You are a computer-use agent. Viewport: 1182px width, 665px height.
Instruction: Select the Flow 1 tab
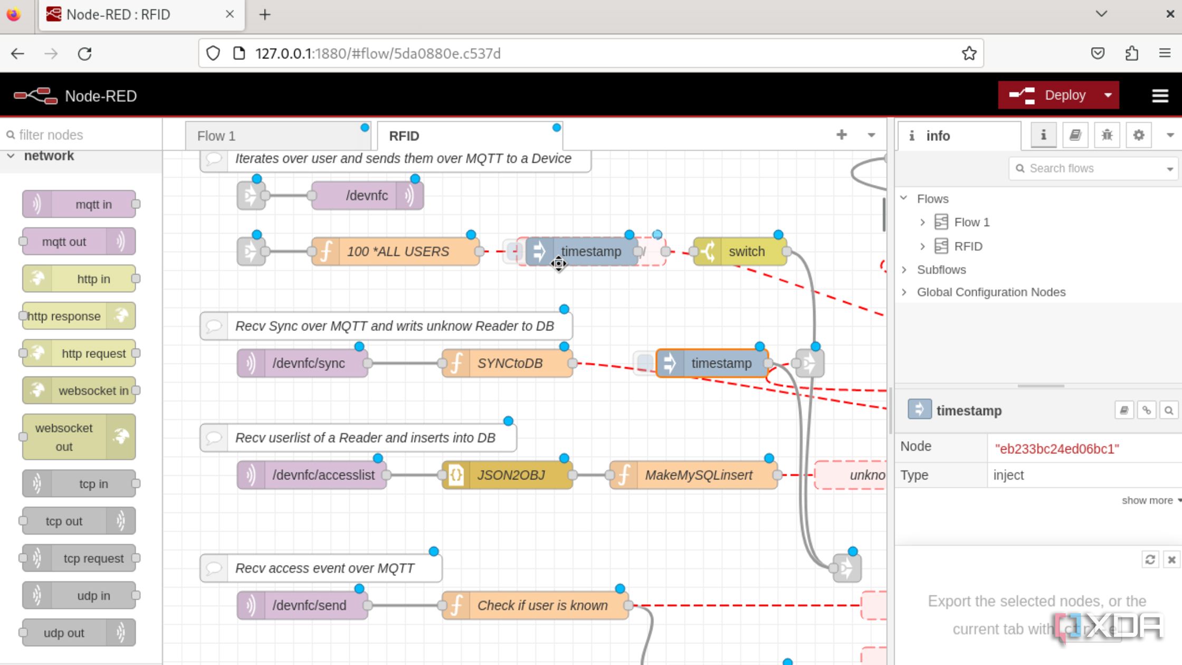click(x=274, y=136)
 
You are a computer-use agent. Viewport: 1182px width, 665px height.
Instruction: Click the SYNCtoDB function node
click(x=509, y=364)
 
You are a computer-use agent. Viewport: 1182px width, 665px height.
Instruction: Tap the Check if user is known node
click(x=541, y=605)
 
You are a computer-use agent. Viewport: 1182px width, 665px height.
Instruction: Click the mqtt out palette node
click(x=65, y=242)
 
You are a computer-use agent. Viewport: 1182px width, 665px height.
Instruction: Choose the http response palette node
click(x=65, y=316)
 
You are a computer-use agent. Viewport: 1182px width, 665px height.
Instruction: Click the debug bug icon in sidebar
click(x=1107, y=136)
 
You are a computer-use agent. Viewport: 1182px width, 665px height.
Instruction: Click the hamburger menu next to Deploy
click(x=1159, y=96)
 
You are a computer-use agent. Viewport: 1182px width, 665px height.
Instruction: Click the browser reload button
click(x=85, y=54)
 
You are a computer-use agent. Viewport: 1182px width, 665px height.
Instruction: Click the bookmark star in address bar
click(x=969, y=54)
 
